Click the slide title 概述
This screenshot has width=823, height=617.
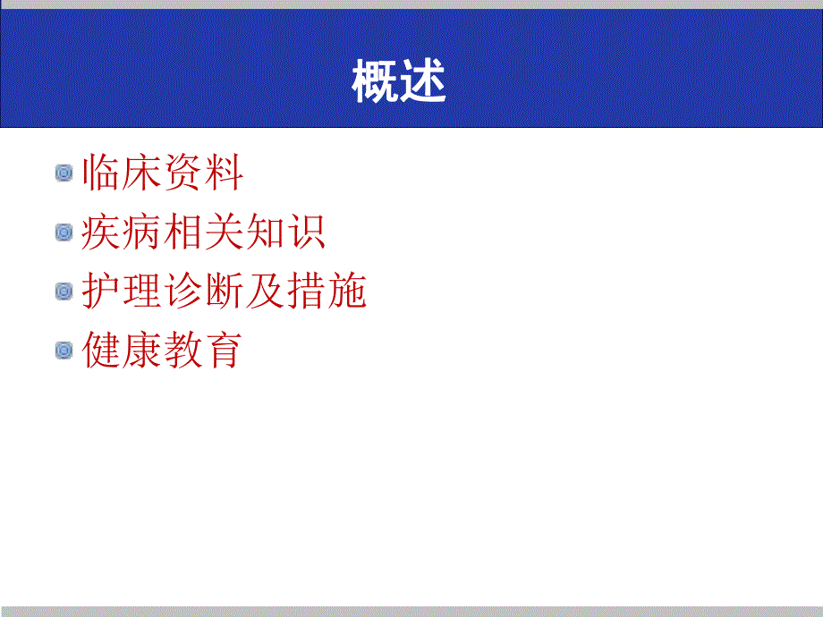[399, 83]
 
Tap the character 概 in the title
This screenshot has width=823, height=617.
[376, 83]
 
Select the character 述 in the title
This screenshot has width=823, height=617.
[423, 83]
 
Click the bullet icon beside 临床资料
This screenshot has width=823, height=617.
[64, 173]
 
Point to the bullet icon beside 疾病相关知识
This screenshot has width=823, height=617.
[64, 232]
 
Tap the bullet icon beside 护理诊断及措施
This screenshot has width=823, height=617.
[64, 292]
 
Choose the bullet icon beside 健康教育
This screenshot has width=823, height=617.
[64, 351]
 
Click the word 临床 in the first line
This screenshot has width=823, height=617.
[122, 173]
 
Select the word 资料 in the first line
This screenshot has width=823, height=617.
[203, 173]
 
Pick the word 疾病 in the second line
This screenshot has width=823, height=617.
[122, 232]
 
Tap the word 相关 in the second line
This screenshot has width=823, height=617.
[203, 232]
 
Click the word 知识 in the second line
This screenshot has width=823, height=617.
[284, 232]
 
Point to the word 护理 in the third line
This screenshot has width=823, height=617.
[122, 292]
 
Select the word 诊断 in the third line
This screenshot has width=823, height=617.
[203, 292]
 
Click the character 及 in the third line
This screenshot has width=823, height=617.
[265, 292]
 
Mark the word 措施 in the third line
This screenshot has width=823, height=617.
[327, 292]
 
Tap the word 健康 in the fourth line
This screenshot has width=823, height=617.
[122, 351]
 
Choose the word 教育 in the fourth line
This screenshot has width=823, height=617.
[203, 351]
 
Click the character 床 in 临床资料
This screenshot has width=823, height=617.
[142, 173]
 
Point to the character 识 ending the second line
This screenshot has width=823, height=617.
[305, 232]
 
